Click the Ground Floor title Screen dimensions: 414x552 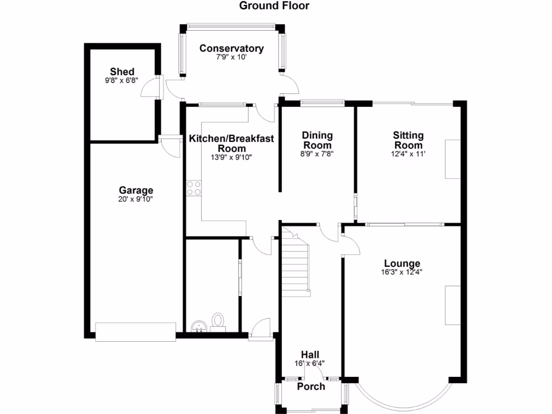tap(274, 6)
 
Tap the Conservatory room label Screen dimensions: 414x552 tap(231, 49)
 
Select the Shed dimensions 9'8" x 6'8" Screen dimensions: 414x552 tap(122, 81)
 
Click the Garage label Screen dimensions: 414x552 tap(136, 190)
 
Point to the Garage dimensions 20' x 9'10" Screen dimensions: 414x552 tap(136, 199)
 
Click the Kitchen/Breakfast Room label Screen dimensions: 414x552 tap(231, 143)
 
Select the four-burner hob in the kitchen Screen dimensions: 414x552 tap(194, 188)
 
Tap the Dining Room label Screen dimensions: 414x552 tap(317, 140)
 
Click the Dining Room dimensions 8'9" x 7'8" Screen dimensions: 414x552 tap(317, 154)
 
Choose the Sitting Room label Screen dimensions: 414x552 tap(408, 140)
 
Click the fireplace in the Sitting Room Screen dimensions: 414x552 tap(452, 159)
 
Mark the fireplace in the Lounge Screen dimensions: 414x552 tap(452, 305)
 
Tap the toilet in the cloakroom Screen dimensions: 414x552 tap(218, 321)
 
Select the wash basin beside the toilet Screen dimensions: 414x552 tap(199, 326)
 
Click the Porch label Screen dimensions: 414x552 tap(311, 387)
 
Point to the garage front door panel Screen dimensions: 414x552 tap(136, 332)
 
